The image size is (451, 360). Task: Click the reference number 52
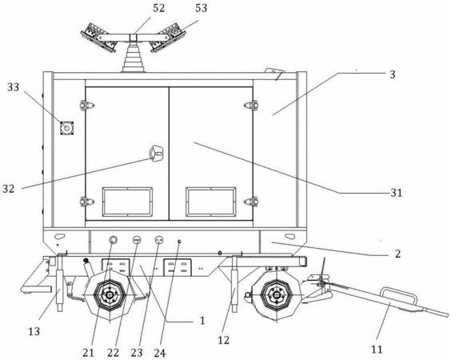pyautogui.click(x=158, y=8)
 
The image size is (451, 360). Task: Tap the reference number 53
pyautogui.click(x=201, y=8)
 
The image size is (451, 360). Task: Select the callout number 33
pyautogui.click(x=14, y=87)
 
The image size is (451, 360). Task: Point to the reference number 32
pyautogui.click(x=8, y=189)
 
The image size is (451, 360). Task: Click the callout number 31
pyautogui.click(x=396, y=193)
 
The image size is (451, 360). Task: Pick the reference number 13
pyautogui.click(x=34, y=331)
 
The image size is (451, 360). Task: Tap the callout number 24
pyautogui.click(x=160, y=353)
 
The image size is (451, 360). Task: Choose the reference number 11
pyautogui.click(x=377, y=349)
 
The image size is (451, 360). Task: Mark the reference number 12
pyautogui.click(x=223, y=340)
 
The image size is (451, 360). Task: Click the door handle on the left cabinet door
pyautogui.click(x=156, y=154)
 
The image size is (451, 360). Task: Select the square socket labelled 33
pyautogui.click(x=66, y=128)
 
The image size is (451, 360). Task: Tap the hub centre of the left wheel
pyautogui.click(x=110, y=295)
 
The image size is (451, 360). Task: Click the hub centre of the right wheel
pyautogui.click(x=276, y=294)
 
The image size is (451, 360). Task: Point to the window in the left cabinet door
pyautogui.click(x=127, y=202)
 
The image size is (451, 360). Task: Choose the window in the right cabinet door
pyautogui.click(x=211, y=202)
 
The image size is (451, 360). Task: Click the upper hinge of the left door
pyautogui.click(x=86, y=105)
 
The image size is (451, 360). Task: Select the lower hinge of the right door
pyautogui.click(x=251, y=202)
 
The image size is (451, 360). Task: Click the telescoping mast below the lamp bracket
pyautogui.click(x=134, y=57)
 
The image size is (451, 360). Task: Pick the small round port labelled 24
pyautogui.click(x=179, y=242)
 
